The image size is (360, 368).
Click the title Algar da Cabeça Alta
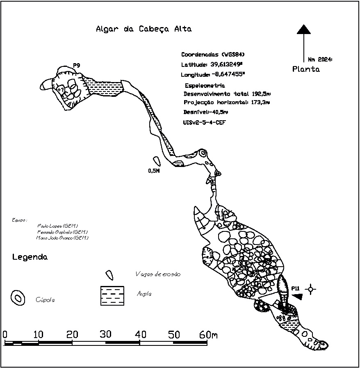(x=144, y=29)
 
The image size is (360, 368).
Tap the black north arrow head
(x=303, y=29)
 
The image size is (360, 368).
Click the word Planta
(x=306, y=69)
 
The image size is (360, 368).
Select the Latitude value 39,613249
(x=227, y=64)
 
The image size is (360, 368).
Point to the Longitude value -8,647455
(x=228, y=74)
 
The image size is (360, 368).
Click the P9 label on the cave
(x=77, y=65)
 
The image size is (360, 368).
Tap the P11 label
(x=296, y=288)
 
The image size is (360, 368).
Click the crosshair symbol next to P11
(x=311, y=289)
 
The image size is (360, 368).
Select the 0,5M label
(x=153, y=171)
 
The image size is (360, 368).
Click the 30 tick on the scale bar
(x=106, y=335)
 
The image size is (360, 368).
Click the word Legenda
(x=30, y=258)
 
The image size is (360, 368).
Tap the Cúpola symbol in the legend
(x=18, y=298)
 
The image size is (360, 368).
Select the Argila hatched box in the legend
(x=112, y=296)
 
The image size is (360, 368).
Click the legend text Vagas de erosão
(x=158, y=274)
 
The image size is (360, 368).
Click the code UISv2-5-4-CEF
(x=205, y=122)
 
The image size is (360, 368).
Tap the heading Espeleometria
(x=205, y=85)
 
